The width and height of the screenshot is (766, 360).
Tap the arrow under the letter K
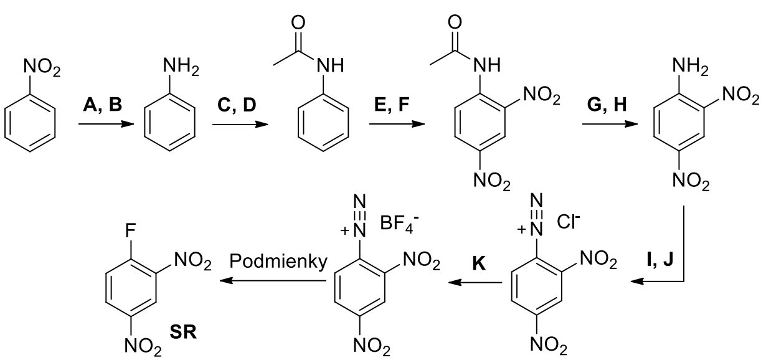pos(477,282)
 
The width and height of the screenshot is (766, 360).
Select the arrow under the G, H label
pos(610,124)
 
